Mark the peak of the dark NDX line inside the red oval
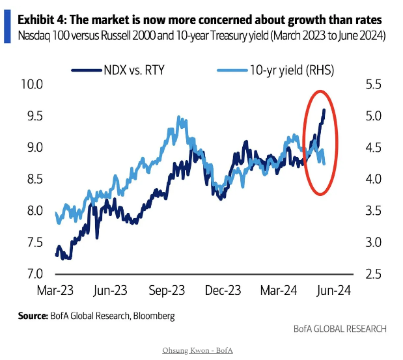(x=324, y=110)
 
